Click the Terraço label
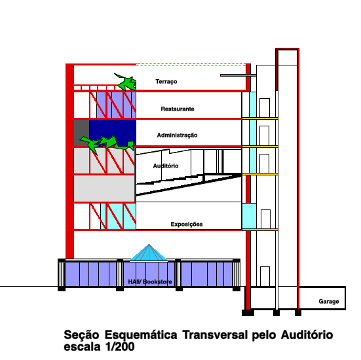(166, 82)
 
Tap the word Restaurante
(178, 109)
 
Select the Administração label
(178, 135)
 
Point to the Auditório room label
(166, 166)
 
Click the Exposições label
(187, 225)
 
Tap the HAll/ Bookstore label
(150, 282)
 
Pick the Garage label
(329, 301)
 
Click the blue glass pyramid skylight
(149, 253)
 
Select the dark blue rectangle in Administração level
(113, 133)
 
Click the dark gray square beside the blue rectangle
(81, 133)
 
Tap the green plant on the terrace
(126, 82)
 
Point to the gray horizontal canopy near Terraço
(238, 75)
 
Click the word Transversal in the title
(215, 334)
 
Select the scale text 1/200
(120, 347)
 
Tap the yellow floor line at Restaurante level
(260, 118)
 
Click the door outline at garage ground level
(265, 276)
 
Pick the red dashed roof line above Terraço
(191, 65)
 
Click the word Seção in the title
(81, 335)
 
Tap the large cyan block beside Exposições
(249, 216)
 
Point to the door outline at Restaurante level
(265, 108)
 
